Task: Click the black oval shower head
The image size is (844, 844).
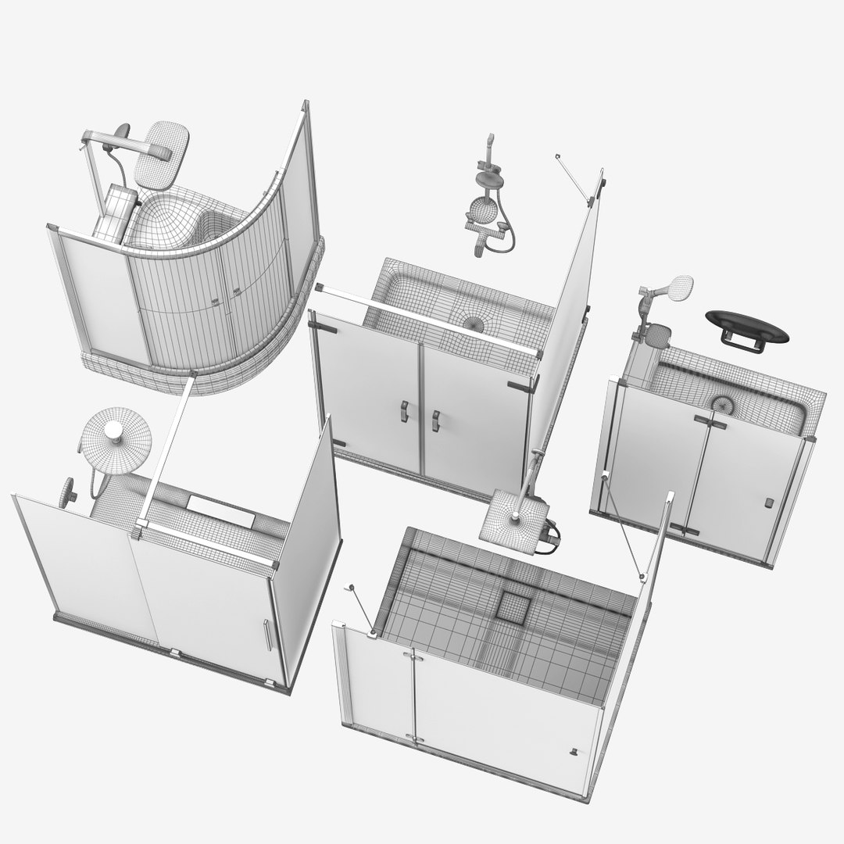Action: coord(747,324)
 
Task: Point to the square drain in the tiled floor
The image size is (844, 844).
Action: coord(514,606)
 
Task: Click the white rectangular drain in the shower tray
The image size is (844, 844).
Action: coord(220,510)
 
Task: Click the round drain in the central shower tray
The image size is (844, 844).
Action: coord(474,322)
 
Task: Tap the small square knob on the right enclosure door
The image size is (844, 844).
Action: coord(768,503)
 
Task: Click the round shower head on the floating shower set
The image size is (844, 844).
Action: coord(483,209)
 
